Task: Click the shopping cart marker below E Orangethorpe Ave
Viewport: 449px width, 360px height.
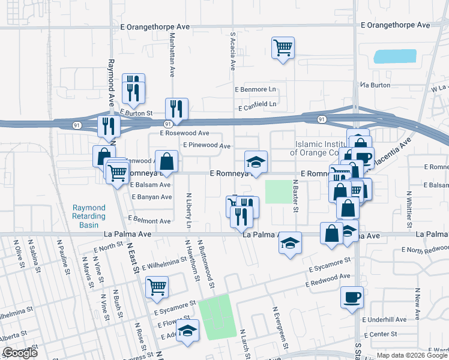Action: pos(283,47)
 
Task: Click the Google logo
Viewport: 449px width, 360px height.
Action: pos(20,353)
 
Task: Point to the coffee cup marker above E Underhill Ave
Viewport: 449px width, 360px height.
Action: pos(352,296)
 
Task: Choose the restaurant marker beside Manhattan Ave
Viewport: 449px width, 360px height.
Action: pos(176,109)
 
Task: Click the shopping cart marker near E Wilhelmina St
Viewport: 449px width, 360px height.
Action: pos(157,286)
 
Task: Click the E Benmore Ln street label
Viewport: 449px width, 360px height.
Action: pos(256,89)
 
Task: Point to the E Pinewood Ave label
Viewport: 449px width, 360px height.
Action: pos(207,145)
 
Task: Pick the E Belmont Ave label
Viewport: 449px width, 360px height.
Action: pos(149,221)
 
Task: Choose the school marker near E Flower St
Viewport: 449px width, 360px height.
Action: pos(188,332)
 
